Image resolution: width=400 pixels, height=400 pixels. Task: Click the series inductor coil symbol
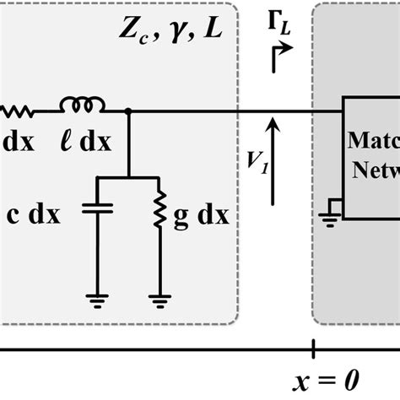pyautogui.click(x=82, y=105)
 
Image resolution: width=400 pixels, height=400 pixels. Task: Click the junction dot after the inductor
pyautogui.click(x=127, y=111)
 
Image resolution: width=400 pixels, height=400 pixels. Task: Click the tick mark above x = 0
pyautogui.click(x=314, y=348)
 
